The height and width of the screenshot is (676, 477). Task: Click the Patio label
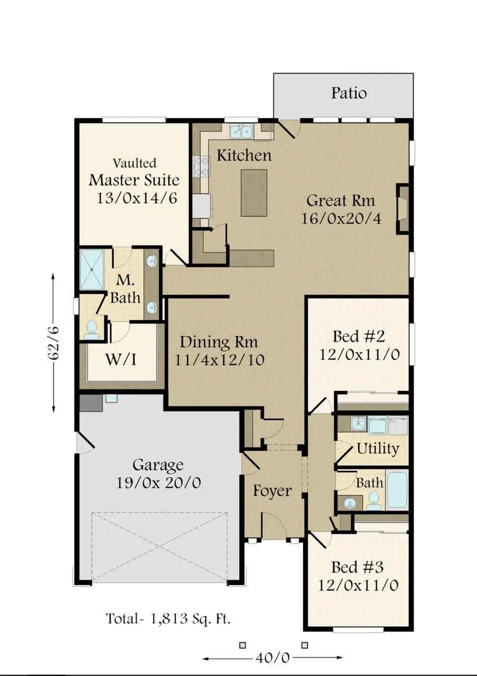pos(349,93)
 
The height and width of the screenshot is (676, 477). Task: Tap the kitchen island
pos(254,192)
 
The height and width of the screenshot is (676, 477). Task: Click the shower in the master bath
pos(92,269)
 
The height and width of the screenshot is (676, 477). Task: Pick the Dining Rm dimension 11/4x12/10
pos(220,359)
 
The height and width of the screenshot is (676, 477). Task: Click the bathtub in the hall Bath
pos(397,490)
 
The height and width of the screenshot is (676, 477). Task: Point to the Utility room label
pos(377,449)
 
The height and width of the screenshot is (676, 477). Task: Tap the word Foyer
pos(272,491)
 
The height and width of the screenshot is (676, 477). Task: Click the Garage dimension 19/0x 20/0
pos(158,483)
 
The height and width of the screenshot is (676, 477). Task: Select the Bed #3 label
pos(357,567)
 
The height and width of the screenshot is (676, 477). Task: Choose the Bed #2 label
pos(358,337)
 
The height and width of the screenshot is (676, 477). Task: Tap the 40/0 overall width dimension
pos(273,658)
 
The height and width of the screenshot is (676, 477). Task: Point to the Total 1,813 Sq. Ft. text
pos(168,618)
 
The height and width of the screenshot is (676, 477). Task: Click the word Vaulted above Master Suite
pos(135,163)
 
